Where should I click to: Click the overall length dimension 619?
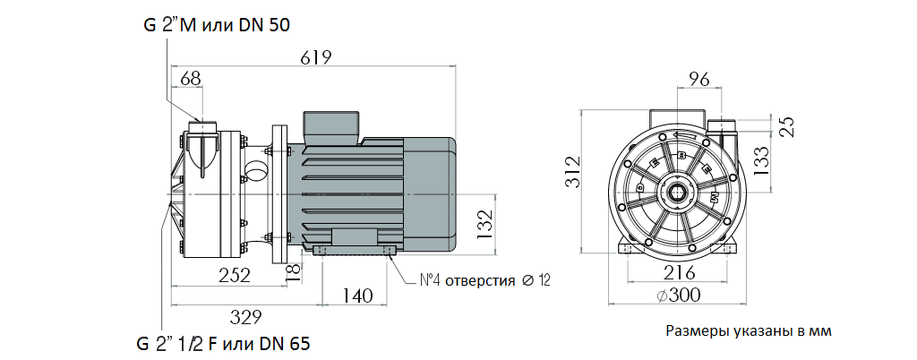(315, 58)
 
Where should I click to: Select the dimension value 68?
(190, 79)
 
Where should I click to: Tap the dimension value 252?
(234, 276)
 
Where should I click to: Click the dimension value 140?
(356, 296)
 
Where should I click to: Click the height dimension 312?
(574, 171)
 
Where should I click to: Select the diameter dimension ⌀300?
(677, 295)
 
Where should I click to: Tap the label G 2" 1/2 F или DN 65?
(224, 344)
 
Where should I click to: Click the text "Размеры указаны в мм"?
(749, 331)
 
